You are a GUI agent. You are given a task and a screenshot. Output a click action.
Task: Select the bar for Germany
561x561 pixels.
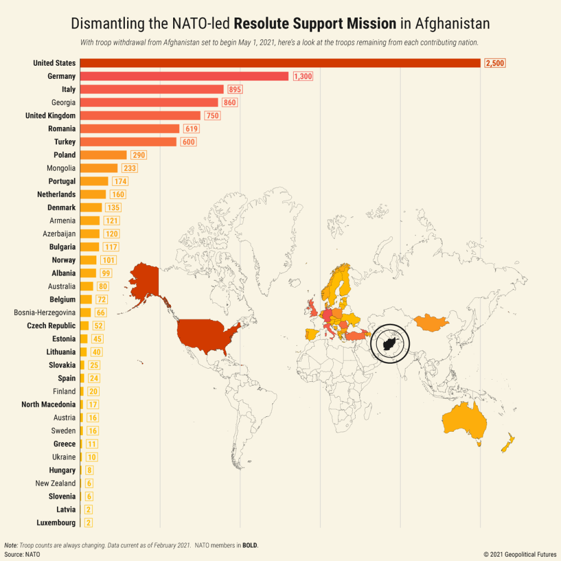(184, 76)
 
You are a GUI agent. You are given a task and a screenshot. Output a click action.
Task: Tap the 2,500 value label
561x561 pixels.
(494, 63)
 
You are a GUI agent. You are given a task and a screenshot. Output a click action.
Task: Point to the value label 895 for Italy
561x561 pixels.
(235, 89)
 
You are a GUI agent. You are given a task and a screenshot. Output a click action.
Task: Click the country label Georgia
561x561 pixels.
(64, 102)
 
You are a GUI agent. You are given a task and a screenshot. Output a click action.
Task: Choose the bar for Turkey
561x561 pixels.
(128, 142)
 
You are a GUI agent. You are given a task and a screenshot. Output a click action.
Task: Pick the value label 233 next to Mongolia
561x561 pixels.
(129, 168)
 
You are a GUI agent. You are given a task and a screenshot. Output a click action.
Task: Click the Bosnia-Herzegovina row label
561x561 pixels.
(45, 313)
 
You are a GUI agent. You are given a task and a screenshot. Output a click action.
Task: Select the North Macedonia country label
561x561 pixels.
(49, 404)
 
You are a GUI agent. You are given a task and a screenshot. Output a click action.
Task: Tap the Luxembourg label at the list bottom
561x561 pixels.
(56, 523)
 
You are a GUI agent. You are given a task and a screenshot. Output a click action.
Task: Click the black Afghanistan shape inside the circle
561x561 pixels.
(390, 344)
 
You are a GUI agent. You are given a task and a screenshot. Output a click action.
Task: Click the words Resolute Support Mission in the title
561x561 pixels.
(323, 24)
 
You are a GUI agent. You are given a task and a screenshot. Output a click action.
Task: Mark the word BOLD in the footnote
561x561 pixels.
(249, 546)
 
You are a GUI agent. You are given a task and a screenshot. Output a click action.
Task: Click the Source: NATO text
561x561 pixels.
(22, 554)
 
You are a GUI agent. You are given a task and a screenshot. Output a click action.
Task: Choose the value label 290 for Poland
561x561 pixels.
(138, 155)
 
